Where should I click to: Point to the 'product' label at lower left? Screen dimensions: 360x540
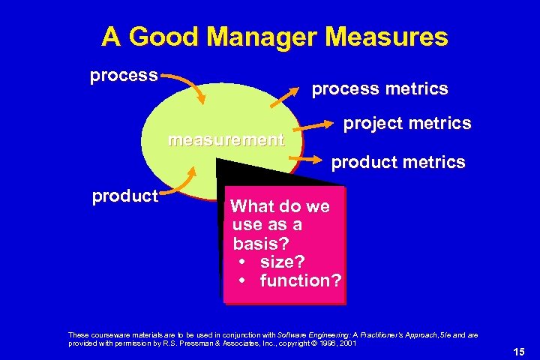(x=124, y=196)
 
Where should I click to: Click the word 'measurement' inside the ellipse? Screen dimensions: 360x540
(x=226, y=139)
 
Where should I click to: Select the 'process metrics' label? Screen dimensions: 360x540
(x=379, y=88)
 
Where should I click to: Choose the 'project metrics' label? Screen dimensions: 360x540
(x=407, y=122)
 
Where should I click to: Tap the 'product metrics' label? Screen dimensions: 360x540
(x=398, y=162)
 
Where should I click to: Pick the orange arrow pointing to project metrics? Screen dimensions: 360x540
(x=319, y=124)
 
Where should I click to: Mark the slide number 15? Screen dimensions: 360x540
(x=518, y=352)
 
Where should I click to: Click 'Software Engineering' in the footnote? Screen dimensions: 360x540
(x=307, y=334)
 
